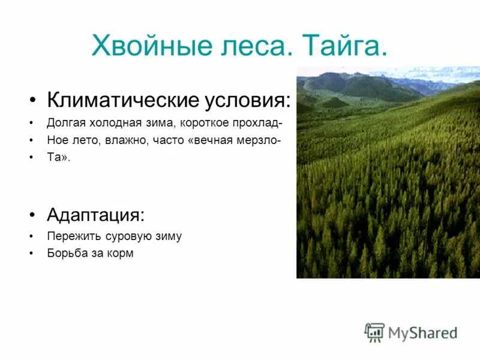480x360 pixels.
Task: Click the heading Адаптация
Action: tap(96, 214)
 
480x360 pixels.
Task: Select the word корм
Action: tap(121, 254)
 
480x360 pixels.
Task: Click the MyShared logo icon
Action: tap(374, 332)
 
